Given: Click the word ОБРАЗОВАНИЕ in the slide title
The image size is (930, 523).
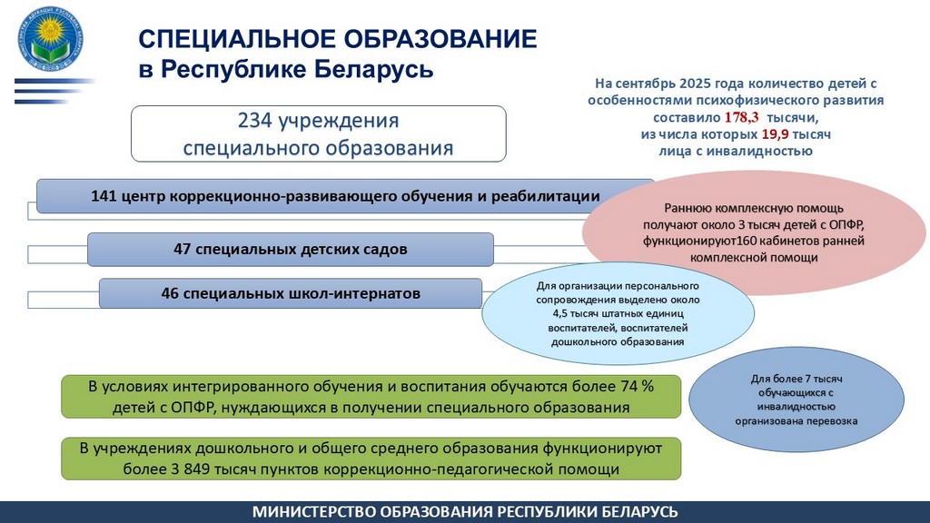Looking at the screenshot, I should tap(432, 38).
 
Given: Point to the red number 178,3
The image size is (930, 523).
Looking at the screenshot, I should tap(741, 118).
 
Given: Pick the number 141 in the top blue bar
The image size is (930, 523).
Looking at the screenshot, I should tap(106, 195).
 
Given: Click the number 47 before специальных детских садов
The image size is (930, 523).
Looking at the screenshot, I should tap(183, 248).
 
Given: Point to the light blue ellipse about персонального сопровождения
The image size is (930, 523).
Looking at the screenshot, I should tap(618, 312).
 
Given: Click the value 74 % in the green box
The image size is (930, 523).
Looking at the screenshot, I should tap(635, 386).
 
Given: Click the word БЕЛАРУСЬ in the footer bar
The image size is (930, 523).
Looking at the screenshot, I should tap(634, 512).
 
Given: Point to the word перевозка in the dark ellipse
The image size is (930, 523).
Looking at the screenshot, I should tap(828, 422).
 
